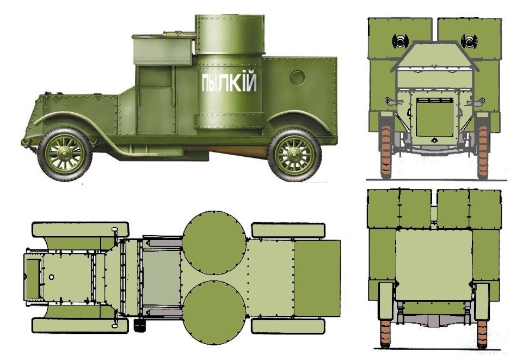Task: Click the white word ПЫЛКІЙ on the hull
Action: coord(229,82)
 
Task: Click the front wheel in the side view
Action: coord(64,154)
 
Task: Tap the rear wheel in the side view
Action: coord(294,155)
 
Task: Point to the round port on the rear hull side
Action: coord(297,78)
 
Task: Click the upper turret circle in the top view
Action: coord(214,243)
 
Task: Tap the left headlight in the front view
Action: coord(401,41)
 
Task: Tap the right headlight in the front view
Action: coord(469,41)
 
